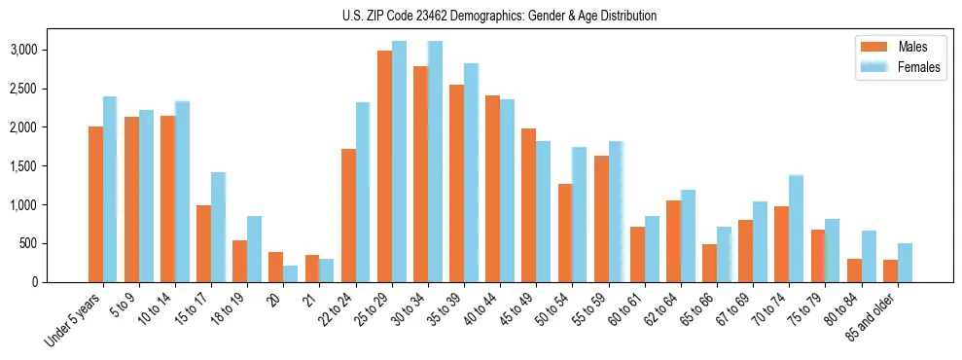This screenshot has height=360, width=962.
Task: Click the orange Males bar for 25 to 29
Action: [x=384, y=166]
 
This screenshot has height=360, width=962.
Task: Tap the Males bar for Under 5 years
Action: [x=95, y=204]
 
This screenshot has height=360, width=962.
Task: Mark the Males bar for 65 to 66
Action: [x=710, y=263]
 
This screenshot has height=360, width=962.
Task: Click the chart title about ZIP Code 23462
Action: [x=500, y=16]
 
